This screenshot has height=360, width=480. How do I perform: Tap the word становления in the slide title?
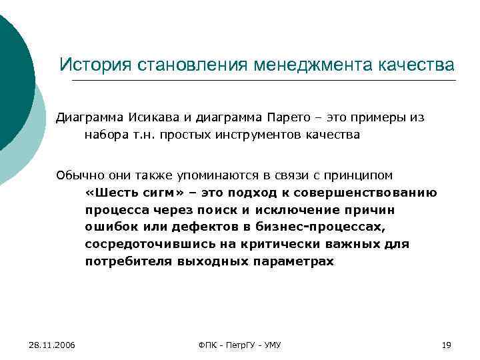pos(193,65)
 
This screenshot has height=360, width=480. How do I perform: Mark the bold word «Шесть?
pos(111,193)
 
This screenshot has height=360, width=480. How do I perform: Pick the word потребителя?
pos(127,262)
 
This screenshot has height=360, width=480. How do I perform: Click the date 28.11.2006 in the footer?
pos(52,345)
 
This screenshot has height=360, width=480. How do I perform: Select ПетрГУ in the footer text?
pos(239,345)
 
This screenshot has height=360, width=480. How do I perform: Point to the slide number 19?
pos(447,345)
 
